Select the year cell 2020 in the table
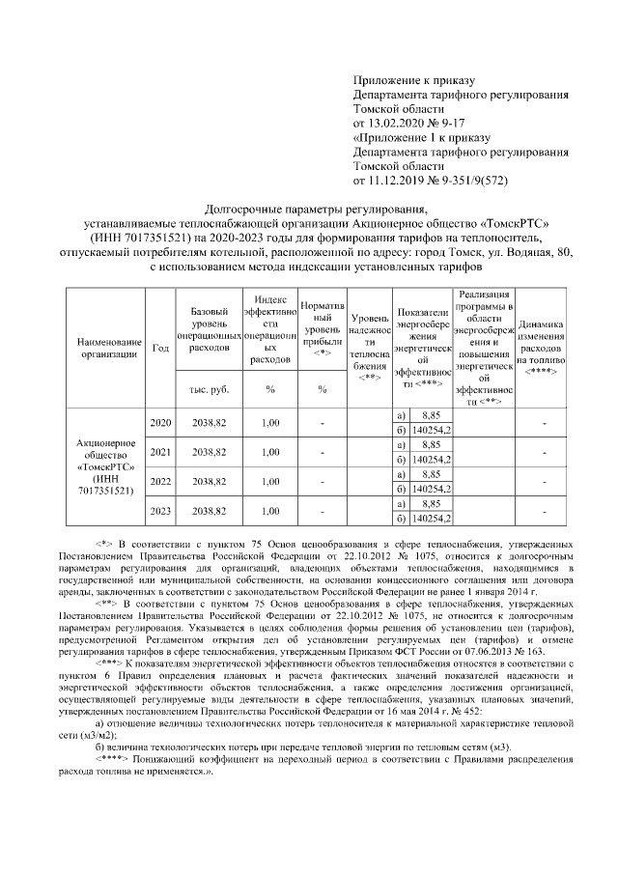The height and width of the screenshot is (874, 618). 162,423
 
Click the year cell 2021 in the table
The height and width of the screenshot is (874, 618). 162,452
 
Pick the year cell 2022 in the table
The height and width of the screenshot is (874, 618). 162,481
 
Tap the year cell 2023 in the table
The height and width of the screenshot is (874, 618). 162,510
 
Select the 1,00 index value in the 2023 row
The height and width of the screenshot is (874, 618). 270,510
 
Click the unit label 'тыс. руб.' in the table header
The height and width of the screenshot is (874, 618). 208,389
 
